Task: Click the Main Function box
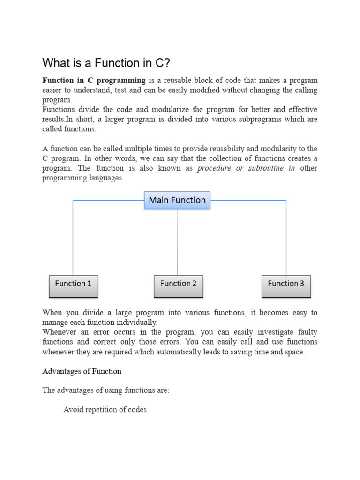177,200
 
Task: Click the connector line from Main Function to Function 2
177,241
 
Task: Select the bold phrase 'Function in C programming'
94,80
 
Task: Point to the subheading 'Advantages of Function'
82,371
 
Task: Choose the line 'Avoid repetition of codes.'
106,410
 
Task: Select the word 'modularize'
159,110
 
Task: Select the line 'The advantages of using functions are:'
106,390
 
